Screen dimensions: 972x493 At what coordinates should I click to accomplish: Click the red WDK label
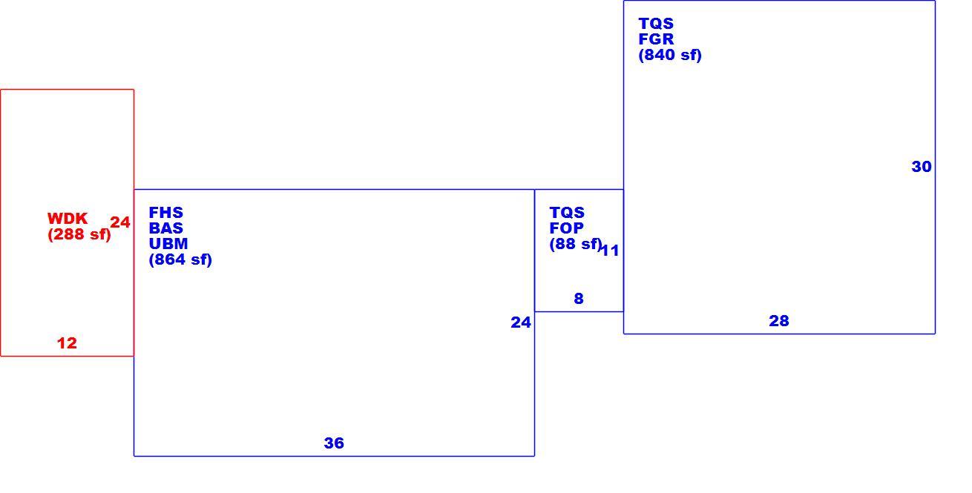(68, 219)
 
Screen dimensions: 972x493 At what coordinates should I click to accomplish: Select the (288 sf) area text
(79, 234)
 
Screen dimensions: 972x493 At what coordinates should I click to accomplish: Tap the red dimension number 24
(120, 222)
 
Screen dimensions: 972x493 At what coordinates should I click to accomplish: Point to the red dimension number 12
(67, 343)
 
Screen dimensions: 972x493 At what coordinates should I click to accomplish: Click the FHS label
(165, 213)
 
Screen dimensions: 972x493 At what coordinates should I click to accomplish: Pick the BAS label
(165, 228)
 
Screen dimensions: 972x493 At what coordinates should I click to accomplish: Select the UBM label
(168, 244)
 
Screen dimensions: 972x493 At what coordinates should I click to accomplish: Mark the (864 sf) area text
(180, 259)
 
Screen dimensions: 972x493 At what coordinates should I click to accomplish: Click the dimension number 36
(334, 443)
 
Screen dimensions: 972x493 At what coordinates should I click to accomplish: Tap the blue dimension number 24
(521, 322)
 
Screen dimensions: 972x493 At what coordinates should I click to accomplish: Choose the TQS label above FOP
(567, 213)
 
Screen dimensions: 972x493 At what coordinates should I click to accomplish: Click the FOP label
(566, 228)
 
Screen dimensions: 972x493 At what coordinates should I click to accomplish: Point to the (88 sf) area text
(575, 244)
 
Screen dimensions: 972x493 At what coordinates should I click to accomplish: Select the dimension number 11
(609, 251)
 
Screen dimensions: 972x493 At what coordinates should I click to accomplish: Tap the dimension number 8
(579, 299)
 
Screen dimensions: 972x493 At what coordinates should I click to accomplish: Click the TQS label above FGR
(656, 24)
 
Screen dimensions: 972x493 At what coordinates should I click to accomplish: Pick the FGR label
(656, 39)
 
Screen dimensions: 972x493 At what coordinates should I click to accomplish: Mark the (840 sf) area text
(670, 55)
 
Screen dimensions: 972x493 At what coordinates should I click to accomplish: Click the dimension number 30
(922, 167)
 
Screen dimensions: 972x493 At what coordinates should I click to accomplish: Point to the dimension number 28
(779, 321)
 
